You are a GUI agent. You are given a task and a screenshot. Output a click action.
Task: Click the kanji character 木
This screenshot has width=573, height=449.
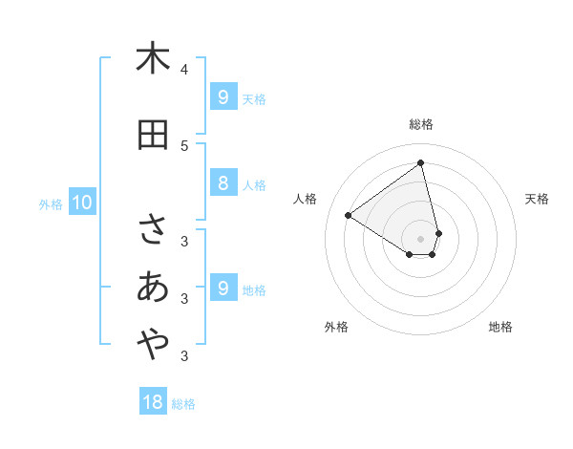pos(153,58)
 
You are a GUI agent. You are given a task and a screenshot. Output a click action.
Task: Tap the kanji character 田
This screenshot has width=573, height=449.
pos(153,135)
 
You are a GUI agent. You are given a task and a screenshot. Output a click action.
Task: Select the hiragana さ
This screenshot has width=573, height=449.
pos(153,230)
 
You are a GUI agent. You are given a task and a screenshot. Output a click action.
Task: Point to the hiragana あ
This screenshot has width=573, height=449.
pos(153,288)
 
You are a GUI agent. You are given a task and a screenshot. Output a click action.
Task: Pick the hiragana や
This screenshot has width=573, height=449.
pos(153,345)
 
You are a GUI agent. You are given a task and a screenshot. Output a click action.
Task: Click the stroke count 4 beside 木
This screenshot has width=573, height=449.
pos(184,70)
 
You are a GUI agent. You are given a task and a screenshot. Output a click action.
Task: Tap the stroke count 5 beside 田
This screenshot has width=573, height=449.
pos(184,145)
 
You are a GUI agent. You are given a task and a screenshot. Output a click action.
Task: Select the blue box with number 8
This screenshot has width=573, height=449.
pos(223,183)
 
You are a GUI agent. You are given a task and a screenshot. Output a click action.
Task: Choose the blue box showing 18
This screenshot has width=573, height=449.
pos(153,402)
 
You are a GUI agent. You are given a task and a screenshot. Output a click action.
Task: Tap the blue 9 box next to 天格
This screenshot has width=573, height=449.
pos(223,97)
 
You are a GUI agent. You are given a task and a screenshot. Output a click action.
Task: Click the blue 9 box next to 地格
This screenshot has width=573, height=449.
pos(223,289)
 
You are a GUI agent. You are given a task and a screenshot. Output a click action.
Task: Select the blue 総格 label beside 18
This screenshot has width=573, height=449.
pos(183,404)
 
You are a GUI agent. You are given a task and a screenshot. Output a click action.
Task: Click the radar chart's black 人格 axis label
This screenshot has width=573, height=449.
pos(306,199)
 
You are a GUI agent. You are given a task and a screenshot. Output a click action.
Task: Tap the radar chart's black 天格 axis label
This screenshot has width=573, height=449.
pos(537,199)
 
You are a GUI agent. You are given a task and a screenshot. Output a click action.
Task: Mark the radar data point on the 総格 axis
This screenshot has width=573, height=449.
pos(421,163)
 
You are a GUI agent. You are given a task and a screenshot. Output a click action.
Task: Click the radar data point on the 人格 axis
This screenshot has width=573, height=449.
pos(349,215)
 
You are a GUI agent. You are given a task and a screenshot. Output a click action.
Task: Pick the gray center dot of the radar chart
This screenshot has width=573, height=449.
pos(421,238)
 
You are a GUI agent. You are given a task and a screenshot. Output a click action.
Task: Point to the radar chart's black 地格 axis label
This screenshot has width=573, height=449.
pos(500,327)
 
